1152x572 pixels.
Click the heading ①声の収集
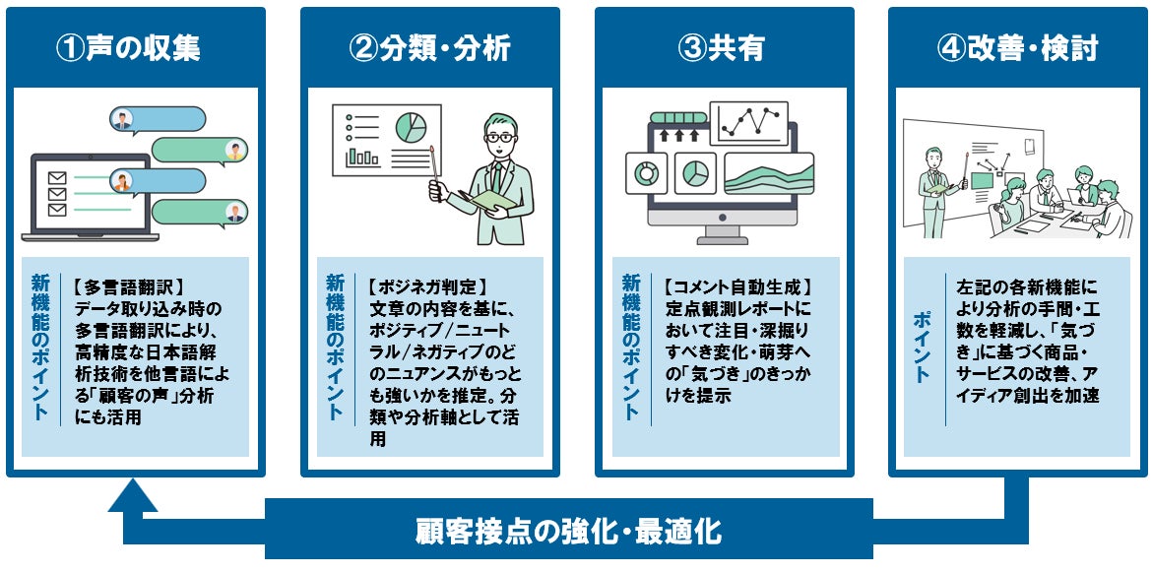[135, 47]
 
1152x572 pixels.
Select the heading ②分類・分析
[429, 47]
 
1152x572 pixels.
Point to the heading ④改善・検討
[1018, 47]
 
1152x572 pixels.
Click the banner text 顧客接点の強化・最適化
[568, 533]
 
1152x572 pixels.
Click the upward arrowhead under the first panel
[133, 496]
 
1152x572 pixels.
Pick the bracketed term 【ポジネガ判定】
[419, 288]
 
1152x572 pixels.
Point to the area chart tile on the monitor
[768, 173]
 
